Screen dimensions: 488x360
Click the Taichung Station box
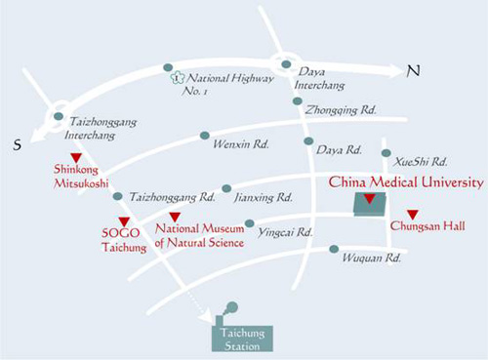coord(242,339)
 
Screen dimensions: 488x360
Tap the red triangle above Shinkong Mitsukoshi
coord(76,158)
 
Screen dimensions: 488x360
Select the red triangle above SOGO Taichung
coord(124,221)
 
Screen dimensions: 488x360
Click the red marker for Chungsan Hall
coord(413,215)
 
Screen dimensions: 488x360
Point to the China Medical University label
coord(406,182)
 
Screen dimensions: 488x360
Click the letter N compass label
coord(414,70)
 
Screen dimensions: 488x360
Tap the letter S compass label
coord(18,144)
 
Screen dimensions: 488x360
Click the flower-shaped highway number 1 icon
coord(177,78)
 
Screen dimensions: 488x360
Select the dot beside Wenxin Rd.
coord(205,136)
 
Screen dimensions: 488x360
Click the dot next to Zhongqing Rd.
coord(298,101)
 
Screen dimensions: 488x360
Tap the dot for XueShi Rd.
coord(386,153)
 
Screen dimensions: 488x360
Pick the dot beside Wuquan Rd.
coord(334,249)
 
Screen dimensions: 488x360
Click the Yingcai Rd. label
coord(285,232)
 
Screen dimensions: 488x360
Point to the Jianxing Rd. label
coord(264,197)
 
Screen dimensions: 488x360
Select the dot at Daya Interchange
coord(286,64)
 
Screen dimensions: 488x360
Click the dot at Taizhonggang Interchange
coord(59,116)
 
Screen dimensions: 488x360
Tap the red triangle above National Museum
coord(175,217)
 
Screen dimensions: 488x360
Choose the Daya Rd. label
coord(339,150)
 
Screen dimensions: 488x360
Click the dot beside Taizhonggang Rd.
coord(117,196)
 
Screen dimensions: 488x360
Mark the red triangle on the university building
coord(370,199)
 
